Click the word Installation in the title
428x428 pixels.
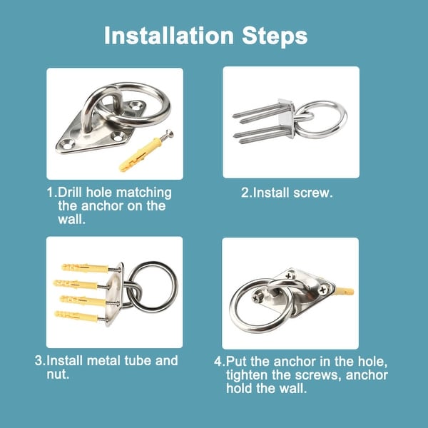point(169,35)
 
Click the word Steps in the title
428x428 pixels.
point(275,36)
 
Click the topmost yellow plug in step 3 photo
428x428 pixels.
point(85,267)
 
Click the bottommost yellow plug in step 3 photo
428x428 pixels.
point(76,316)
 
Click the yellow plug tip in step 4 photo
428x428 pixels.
point(345,291)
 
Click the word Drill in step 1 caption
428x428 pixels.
point(70,193)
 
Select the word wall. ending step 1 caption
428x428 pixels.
point(71,219)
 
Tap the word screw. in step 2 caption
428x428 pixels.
point(313,193)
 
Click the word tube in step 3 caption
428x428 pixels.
point(137,360)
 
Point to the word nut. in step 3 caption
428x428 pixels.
point(58,374)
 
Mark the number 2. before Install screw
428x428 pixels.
point(247,193)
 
